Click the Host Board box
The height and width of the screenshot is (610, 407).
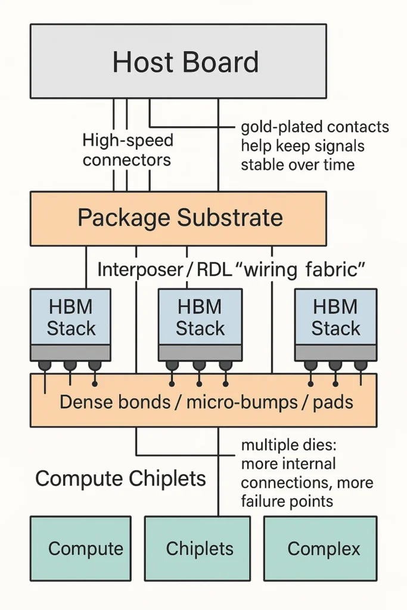point(178,61)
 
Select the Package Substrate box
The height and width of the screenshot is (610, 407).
point(178,218)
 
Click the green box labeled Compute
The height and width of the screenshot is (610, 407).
point(80,548)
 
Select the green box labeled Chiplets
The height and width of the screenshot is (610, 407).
point(197,548)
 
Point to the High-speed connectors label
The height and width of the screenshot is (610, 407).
point(127,150)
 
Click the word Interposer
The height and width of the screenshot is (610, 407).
point(140,269)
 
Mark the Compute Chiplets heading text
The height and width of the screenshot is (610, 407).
point(120,478)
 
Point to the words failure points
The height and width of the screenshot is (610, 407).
point(287,501)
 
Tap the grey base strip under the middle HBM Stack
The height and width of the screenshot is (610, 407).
point(200,352)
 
